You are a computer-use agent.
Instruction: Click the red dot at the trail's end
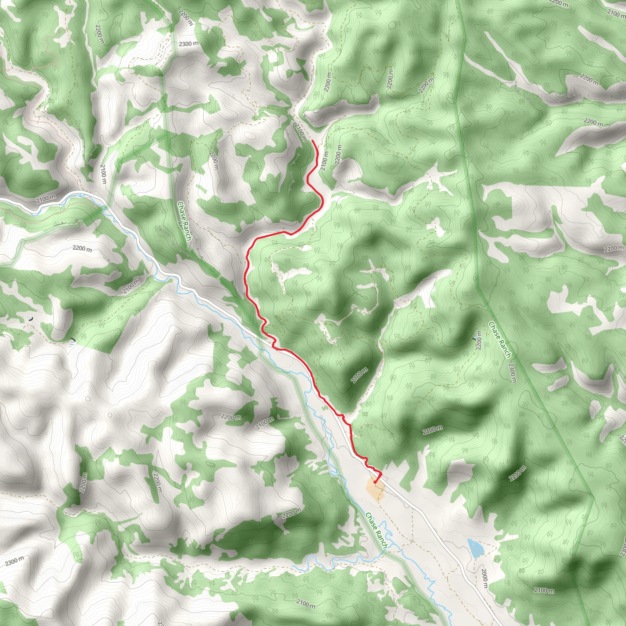375,482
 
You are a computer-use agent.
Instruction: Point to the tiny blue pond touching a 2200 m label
475,338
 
